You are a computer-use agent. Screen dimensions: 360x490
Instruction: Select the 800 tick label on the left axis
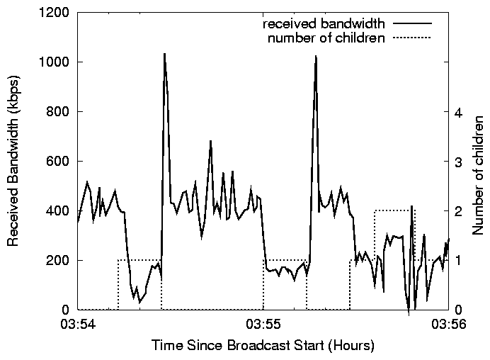pos(59,112)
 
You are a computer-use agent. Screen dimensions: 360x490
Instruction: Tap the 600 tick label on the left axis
pos(59,162)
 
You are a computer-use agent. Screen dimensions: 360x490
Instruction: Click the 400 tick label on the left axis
pos(59,211)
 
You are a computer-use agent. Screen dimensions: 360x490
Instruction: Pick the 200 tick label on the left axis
pos(59,261)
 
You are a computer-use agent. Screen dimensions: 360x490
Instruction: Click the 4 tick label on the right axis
pos(460,112)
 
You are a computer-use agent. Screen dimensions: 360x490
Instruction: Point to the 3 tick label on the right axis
pos(460,162)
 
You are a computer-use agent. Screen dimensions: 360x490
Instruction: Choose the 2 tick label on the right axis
pos(460,211)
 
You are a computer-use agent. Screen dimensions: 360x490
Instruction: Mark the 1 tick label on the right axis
pos(460,261)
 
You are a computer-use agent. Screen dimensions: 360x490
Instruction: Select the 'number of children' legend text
pos(326,38)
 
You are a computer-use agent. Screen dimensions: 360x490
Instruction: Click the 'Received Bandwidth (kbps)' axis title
pos(14,162)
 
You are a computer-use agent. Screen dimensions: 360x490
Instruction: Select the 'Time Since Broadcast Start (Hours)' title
pos(263,347)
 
